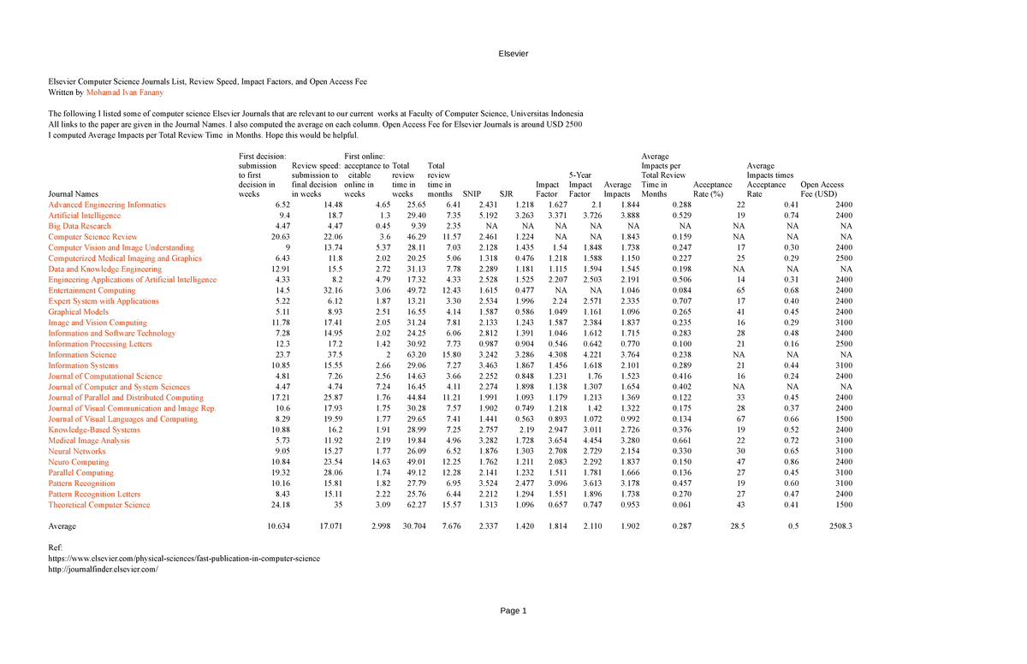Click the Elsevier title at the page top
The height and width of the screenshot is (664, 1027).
point(513,55)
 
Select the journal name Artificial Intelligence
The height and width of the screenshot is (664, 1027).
point(85,216)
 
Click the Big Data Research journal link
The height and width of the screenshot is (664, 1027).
point(80,226)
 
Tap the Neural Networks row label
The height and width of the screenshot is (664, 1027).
point(76,451)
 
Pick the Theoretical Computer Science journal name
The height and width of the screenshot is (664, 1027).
point(98,505)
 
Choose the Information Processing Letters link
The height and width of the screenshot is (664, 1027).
point(99,344)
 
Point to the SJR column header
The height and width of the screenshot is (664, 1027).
point(506,194)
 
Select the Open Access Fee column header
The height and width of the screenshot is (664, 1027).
point(822,189)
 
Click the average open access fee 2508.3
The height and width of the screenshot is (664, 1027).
point(840,525)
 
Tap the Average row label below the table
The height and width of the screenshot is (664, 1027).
point(63,525)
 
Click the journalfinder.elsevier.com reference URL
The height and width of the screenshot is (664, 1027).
point(104,568)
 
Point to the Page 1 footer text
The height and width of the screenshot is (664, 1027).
point(513,610)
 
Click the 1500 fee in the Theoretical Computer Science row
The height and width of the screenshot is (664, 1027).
point(843,505)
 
